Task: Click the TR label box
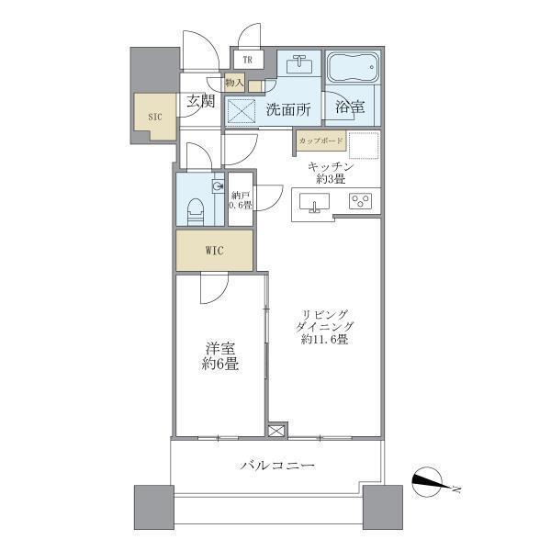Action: [x=248, y=62]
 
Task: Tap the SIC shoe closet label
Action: [x=154, y=118]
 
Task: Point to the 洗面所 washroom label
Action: [x=287, y=109]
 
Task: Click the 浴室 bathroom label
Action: [x=349, y=107]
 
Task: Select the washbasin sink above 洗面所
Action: [x=298, y=64]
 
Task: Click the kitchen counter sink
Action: [x=315, y=203]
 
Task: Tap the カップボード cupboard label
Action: [x=320, y=141]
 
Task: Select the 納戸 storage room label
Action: [x=241, y=199]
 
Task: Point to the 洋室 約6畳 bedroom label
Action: [x=220, y=355]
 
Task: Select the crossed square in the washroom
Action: [x=242, y=112]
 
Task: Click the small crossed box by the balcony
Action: [x=277, y=430]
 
